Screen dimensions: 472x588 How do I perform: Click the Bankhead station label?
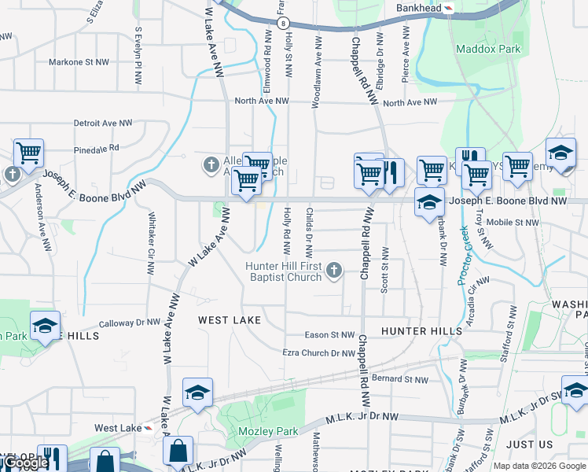pos(418,7)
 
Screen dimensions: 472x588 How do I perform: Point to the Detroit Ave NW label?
pos(103,124)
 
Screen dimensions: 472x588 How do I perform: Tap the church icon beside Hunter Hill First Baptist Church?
pos(334,271)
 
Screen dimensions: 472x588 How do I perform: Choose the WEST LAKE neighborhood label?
pos(229,320)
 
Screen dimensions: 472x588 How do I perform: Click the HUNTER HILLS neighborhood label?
pos(421,331)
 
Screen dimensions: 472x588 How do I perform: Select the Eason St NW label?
pos(329,335)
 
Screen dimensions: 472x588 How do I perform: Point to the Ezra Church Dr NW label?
pos(318,353)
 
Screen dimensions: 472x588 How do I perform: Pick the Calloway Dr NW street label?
pos(130,323)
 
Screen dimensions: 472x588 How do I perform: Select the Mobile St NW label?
pos(513,223)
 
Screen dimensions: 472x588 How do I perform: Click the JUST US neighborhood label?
pos(530,444)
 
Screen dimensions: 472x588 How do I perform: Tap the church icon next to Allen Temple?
pos(211,165)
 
